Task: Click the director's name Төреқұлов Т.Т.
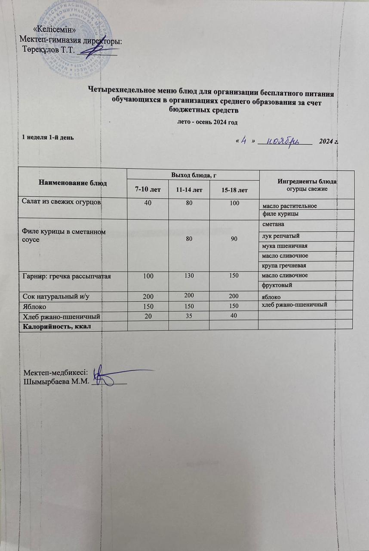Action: [x=49, y=50]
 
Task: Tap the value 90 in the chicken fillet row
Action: [x=234, y=238]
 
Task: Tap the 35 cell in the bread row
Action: [x=189, y=316]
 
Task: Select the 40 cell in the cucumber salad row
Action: [x=148, y=203]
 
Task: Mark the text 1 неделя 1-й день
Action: [x=48, y=138]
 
